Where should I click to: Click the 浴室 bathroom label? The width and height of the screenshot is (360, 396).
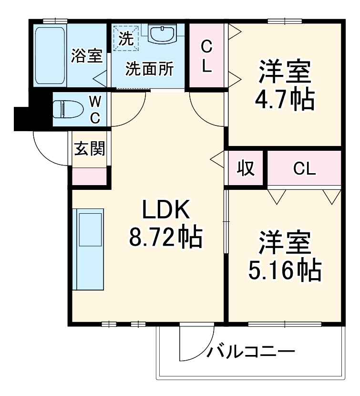pos(87,56)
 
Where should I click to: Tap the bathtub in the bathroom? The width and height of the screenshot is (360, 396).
pos(50,55)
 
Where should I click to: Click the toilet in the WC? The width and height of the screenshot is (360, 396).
pos(65,109)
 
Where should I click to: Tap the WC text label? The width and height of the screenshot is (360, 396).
pos(95,109)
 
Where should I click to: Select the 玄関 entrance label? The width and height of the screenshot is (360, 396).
pos(89,149)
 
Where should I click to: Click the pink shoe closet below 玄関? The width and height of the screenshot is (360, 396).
pos(89,176)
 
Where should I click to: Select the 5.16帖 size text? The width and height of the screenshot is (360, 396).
pos(285,271)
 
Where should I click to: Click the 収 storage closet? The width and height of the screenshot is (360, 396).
pos(246,168)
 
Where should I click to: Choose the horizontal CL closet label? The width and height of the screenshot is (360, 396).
pos(304,168)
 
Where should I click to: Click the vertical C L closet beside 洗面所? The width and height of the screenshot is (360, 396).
pos(206,57)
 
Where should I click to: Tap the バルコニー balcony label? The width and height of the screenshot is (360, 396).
pos(251,353)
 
